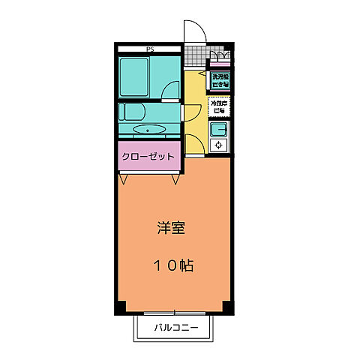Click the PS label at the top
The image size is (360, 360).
coord(150,49)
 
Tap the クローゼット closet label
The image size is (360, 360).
coord(149,157)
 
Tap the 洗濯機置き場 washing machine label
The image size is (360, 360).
coord(220,80)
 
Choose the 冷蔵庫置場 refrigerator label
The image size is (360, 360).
coord(220,106)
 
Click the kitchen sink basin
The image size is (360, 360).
coord(220,129)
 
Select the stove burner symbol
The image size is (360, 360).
coord(220,145)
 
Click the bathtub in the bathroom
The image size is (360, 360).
coord(143,76)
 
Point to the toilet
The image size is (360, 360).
coord(131,115)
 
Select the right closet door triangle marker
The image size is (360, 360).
coord(176,179)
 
